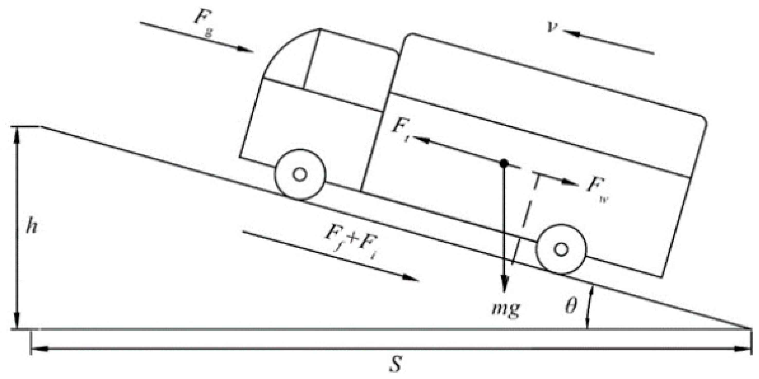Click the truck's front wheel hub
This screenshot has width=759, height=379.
(300, 175)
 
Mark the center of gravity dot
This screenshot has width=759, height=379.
(504, 163)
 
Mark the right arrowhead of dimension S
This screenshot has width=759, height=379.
(744, 349)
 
